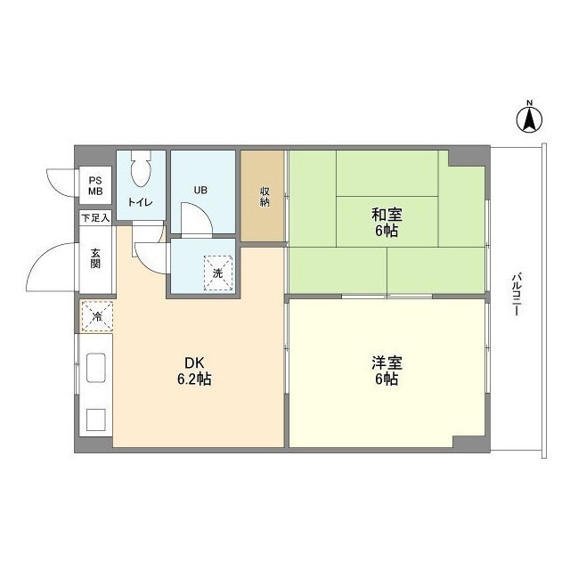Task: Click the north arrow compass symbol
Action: (x=528, y=118)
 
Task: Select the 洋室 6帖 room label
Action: (x=386, y=370)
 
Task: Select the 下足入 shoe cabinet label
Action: (x=95, y=217)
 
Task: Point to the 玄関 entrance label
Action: (x=95, y=257)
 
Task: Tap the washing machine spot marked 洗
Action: (x=218, y=272)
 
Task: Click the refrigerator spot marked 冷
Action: (x=96, y=315)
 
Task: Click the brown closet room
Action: (x=265, y=196)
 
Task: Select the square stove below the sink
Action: (x=95, y=418)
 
